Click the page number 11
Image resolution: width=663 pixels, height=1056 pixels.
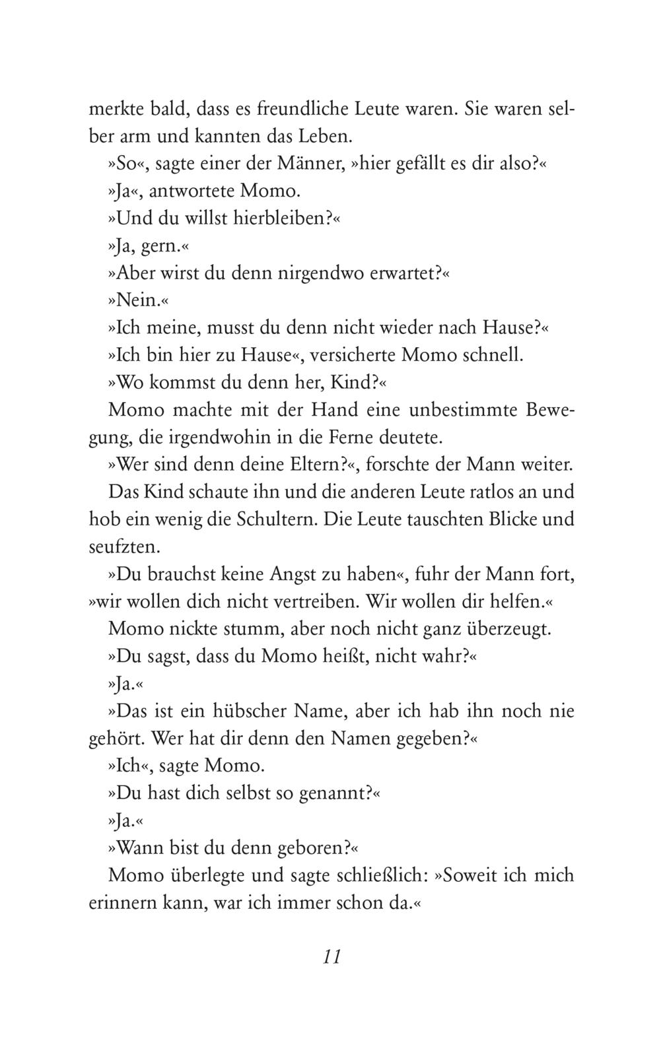click(331, 957)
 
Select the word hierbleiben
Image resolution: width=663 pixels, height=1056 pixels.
click(280, 218)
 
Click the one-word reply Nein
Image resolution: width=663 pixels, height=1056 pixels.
click(136, 300)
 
